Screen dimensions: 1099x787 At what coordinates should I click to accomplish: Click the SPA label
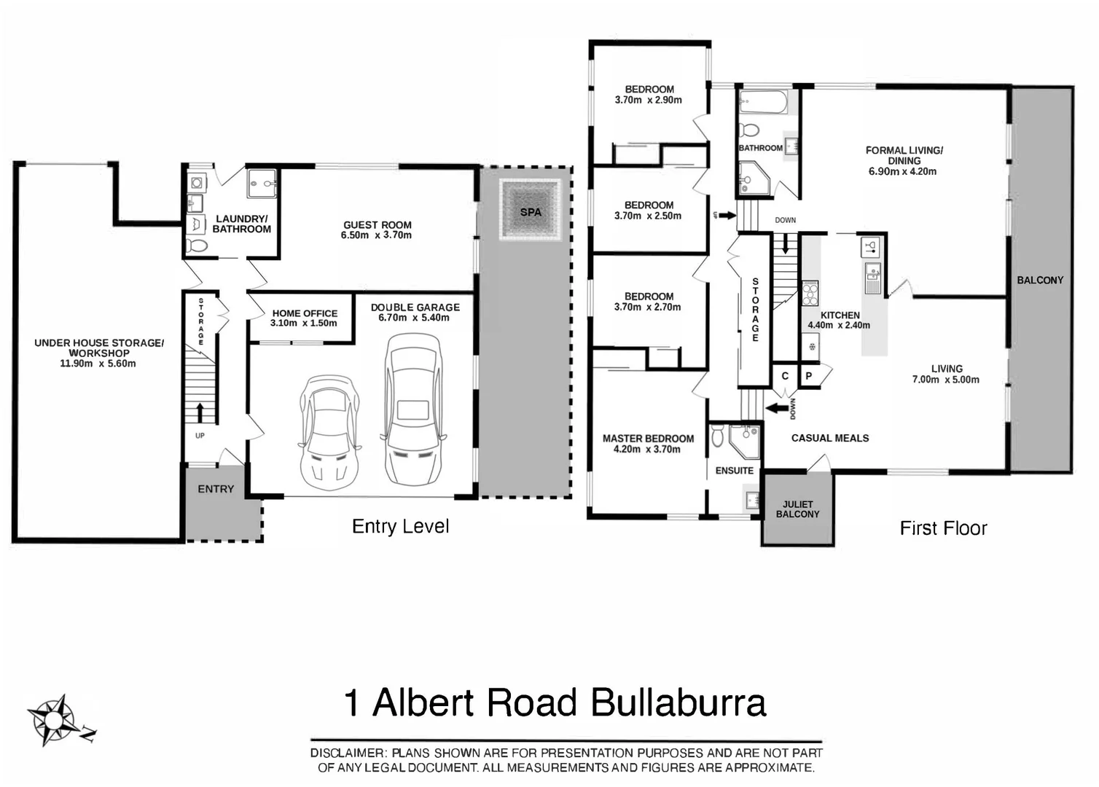tap(531, 212)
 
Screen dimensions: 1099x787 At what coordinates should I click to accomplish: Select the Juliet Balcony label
tap(797, 509)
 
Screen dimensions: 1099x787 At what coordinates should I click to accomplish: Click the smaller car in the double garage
tap(329, 432)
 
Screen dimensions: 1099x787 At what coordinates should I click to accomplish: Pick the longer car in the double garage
tap(414, 410)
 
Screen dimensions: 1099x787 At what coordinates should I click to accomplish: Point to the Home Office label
tap(305, 313)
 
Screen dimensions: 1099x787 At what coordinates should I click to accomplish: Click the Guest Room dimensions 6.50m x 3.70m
tap(376, 235)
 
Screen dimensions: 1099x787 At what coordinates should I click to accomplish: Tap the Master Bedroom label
tap(648, 438)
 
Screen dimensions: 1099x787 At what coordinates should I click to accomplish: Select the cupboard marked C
tap(785, 376)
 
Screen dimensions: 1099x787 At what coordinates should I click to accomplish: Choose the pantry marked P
tap(809, 376)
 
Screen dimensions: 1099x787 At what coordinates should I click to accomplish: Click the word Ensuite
tap(734, 471)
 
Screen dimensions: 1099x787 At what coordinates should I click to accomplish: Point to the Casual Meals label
tap(829, 438)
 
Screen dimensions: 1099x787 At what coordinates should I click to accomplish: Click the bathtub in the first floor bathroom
tap(764, 102)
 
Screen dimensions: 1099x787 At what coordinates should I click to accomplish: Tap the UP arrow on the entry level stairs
tap(200, 413)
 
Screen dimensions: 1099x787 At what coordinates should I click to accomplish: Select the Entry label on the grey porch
tap(216, 489)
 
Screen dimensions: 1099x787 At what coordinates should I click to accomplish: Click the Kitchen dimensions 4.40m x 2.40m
tap(839, 325)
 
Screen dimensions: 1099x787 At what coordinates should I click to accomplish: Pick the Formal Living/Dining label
tap(904, 155)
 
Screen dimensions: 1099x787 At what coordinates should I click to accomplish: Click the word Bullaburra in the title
tap(678, 702)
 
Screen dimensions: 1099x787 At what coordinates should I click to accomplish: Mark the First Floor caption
tap(943, 528)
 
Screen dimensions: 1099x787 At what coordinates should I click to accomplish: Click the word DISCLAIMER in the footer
tap(348, 753)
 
